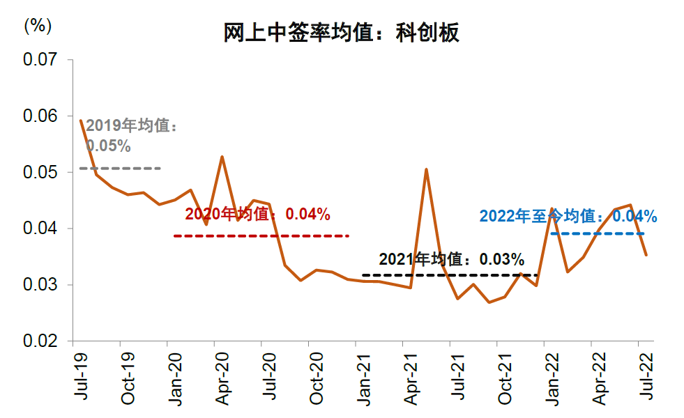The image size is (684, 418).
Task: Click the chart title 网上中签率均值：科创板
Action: (342, 32)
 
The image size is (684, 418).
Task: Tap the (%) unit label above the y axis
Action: (38, 26)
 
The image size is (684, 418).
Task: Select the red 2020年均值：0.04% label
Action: (257, 215)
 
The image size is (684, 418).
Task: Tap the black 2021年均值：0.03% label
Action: (451, 260)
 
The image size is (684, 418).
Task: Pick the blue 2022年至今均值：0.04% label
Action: (568, 216)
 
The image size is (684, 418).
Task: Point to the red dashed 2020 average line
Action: (261, 236)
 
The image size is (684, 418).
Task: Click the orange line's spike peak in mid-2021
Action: (426, 169)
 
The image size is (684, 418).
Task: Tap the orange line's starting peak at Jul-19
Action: (81, 121)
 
